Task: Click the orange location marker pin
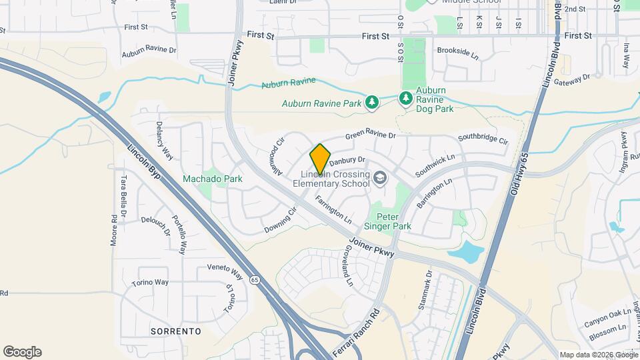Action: click(x=321, y=159)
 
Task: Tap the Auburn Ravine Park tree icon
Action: click(x=372, y=103)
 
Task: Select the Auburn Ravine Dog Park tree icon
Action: click(x=405, y=99)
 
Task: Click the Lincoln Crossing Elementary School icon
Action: click(x=380, y=177)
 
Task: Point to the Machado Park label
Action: click(x=213, y=179)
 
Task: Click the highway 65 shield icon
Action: click(x=255, y=280)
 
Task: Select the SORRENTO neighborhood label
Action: click(x=176, y=331)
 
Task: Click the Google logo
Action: click(x=22, y=352)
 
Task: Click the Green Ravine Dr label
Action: click(x=370, y=135)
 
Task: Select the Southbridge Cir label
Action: click(x=483, y=140)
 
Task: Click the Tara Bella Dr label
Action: click(x=123, y=191)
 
